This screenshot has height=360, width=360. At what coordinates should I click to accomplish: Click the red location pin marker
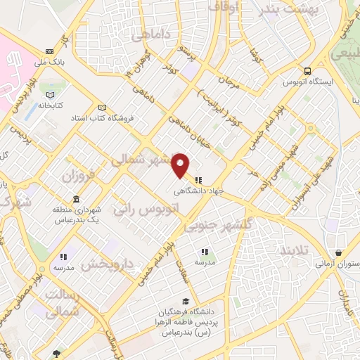pos(181,165)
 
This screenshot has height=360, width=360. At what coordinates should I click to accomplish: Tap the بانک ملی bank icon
pos(49,52)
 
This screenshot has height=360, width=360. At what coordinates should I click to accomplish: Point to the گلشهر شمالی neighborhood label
pos(141,160)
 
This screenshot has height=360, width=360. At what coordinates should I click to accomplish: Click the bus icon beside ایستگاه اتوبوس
pos(307,71)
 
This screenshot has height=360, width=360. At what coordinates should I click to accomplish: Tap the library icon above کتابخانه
pos(49,94)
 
